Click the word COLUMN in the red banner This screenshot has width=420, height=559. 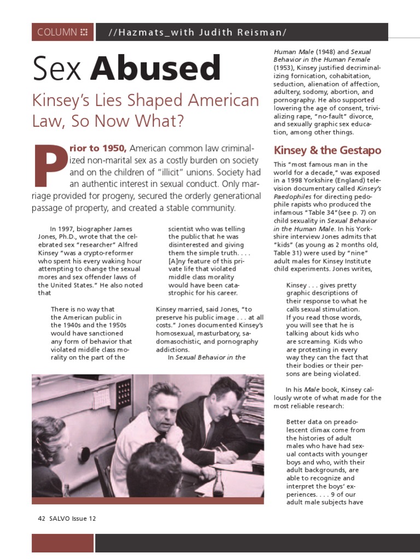pos(57,32)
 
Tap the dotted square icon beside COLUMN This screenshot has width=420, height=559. pos(84,32)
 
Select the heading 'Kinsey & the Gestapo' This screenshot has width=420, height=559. pos(327,150)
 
